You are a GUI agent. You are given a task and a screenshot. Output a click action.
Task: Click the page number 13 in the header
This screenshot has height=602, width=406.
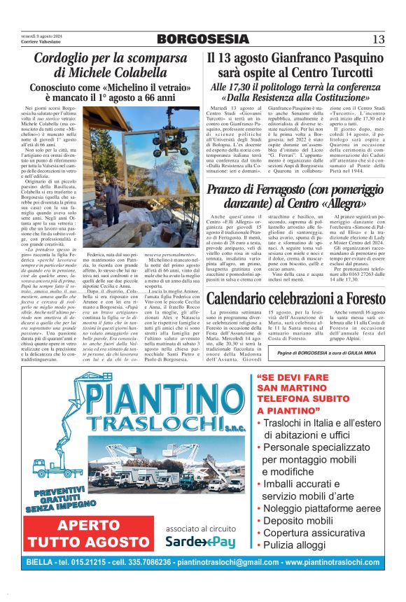tap(379, 38)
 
